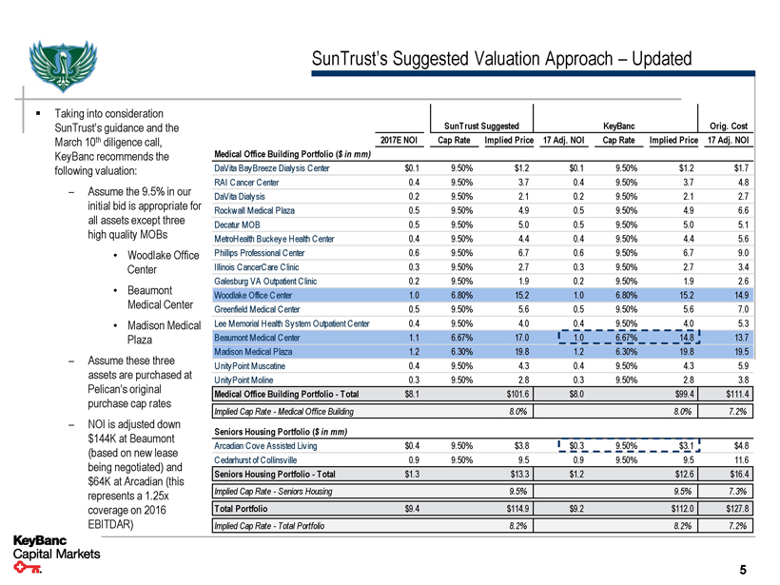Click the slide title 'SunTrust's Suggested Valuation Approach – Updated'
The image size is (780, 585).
point(501,59)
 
